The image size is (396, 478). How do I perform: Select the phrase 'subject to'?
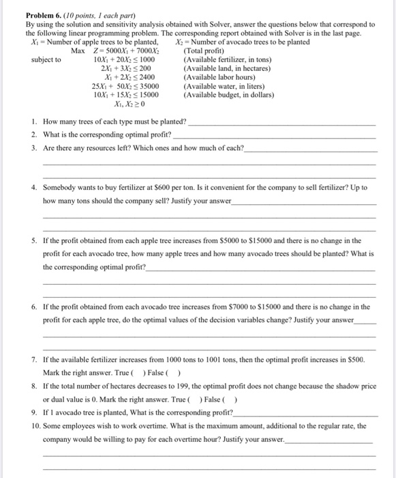coord(46,59)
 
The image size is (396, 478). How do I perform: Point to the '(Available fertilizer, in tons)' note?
coord(227,59)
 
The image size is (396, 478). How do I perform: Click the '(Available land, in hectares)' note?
coord(227,68)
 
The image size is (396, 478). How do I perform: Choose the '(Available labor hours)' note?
coord(217,77)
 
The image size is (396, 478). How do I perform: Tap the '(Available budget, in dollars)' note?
coord(229,95)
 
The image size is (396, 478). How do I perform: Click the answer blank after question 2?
coord(273,136)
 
